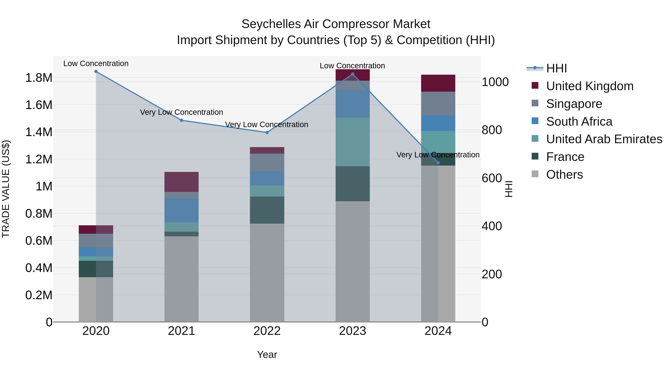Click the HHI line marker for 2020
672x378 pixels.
pos(96,71)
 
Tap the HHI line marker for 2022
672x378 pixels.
pos(267,133)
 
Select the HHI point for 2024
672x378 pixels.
pos(438,163)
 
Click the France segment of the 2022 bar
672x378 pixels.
pos(267,210)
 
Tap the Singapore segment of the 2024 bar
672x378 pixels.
pos(438,104)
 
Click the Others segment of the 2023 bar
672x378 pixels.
pos(352,261)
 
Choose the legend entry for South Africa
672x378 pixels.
pos(579,122)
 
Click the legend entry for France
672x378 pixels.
pos(565,157)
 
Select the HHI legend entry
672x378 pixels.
pos(556,68)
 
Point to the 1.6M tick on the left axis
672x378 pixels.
pos(39,105)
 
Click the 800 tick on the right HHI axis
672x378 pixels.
pos(491,130)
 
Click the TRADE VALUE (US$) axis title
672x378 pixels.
pos(6,189)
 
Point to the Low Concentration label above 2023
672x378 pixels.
pos(352,66)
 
